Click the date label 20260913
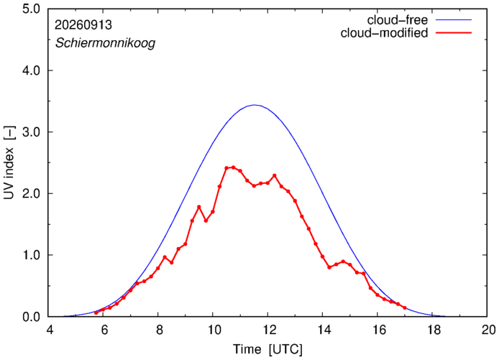click(x=83, y=25)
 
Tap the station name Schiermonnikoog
click(x=106, y=43)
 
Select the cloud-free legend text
click(x=398, y=20)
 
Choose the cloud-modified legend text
click(x=384, y=33)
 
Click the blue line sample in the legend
click(x=454, y=19)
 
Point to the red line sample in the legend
click(x=454, y=33)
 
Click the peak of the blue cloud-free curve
click(x=255, y=105)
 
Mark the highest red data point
click(x=233, y=167)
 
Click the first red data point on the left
click(x=96, y=313)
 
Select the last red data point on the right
click(x=405, y=308)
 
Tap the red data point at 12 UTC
click(x=267, y=183)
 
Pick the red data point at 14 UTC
click(x=322, y=257)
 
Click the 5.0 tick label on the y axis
click(x=31, y=9)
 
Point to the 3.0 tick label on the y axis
click(x=31, y=132)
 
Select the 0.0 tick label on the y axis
click(x=31, y=317)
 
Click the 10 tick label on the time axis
click(x=214, y=330)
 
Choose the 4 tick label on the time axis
click(x=50, y=330)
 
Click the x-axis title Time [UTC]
click(x=267, y=349)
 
